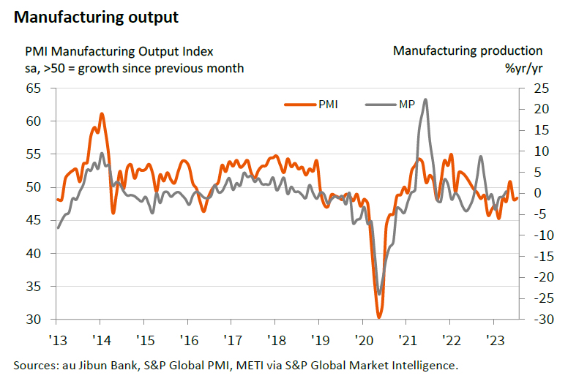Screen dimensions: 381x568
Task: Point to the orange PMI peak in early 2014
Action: coord(102,114)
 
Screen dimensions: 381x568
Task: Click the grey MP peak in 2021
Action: coord(426,100)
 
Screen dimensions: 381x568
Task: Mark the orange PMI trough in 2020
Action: coord(379,317)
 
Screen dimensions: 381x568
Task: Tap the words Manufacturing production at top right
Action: coord(468,51)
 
